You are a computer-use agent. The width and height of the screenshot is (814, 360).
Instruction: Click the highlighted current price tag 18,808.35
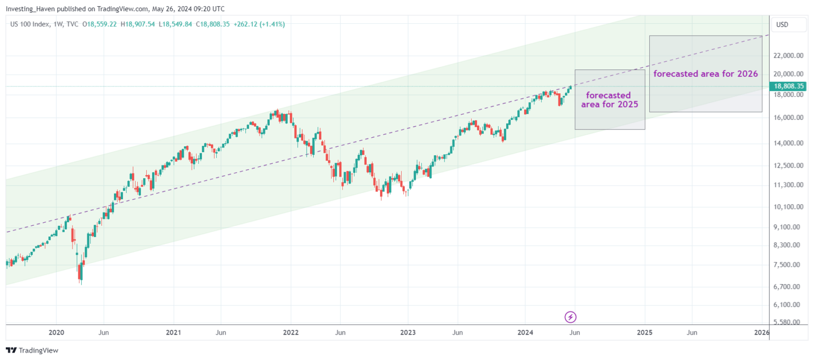(789, 86)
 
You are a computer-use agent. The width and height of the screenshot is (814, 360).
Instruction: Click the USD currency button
(782, 24)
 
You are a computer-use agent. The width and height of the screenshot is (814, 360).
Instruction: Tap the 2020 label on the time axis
(56, 332)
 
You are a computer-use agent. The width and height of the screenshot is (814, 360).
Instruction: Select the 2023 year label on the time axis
(408, 332)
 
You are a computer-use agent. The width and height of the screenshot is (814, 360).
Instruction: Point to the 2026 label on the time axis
(762, 332)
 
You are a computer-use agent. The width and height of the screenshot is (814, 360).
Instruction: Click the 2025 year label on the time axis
(644, 332)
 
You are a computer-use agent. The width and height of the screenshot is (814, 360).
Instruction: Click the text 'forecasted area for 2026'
(705, 74)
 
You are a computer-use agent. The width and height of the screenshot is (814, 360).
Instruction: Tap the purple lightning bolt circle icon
(570, 317)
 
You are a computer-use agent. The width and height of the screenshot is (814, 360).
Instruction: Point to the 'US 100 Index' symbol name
(31, 24)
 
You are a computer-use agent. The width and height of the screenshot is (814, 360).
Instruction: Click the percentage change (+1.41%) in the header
(271, 24)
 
